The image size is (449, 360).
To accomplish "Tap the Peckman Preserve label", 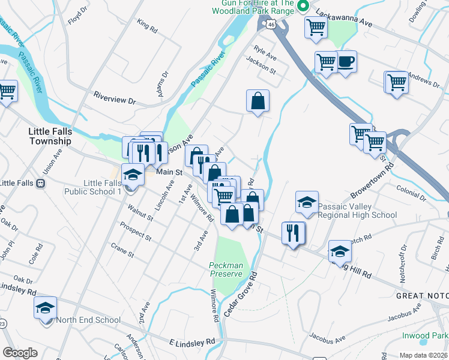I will click(x=226, y=269).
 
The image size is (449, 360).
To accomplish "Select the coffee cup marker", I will click(x=345, y=62).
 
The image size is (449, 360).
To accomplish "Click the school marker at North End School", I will click(x=45, y=308).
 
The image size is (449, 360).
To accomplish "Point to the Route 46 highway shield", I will click(x=271, y=25).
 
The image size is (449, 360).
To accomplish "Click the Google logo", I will click(x=20, y=353).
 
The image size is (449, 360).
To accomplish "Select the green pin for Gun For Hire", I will click(x=303, y=7).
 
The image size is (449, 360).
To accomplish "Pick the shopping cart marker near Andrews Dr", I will click(x=397, y=83).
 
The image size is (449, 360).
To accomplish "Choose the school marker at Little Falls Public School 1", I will click(x=133, y=175).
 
